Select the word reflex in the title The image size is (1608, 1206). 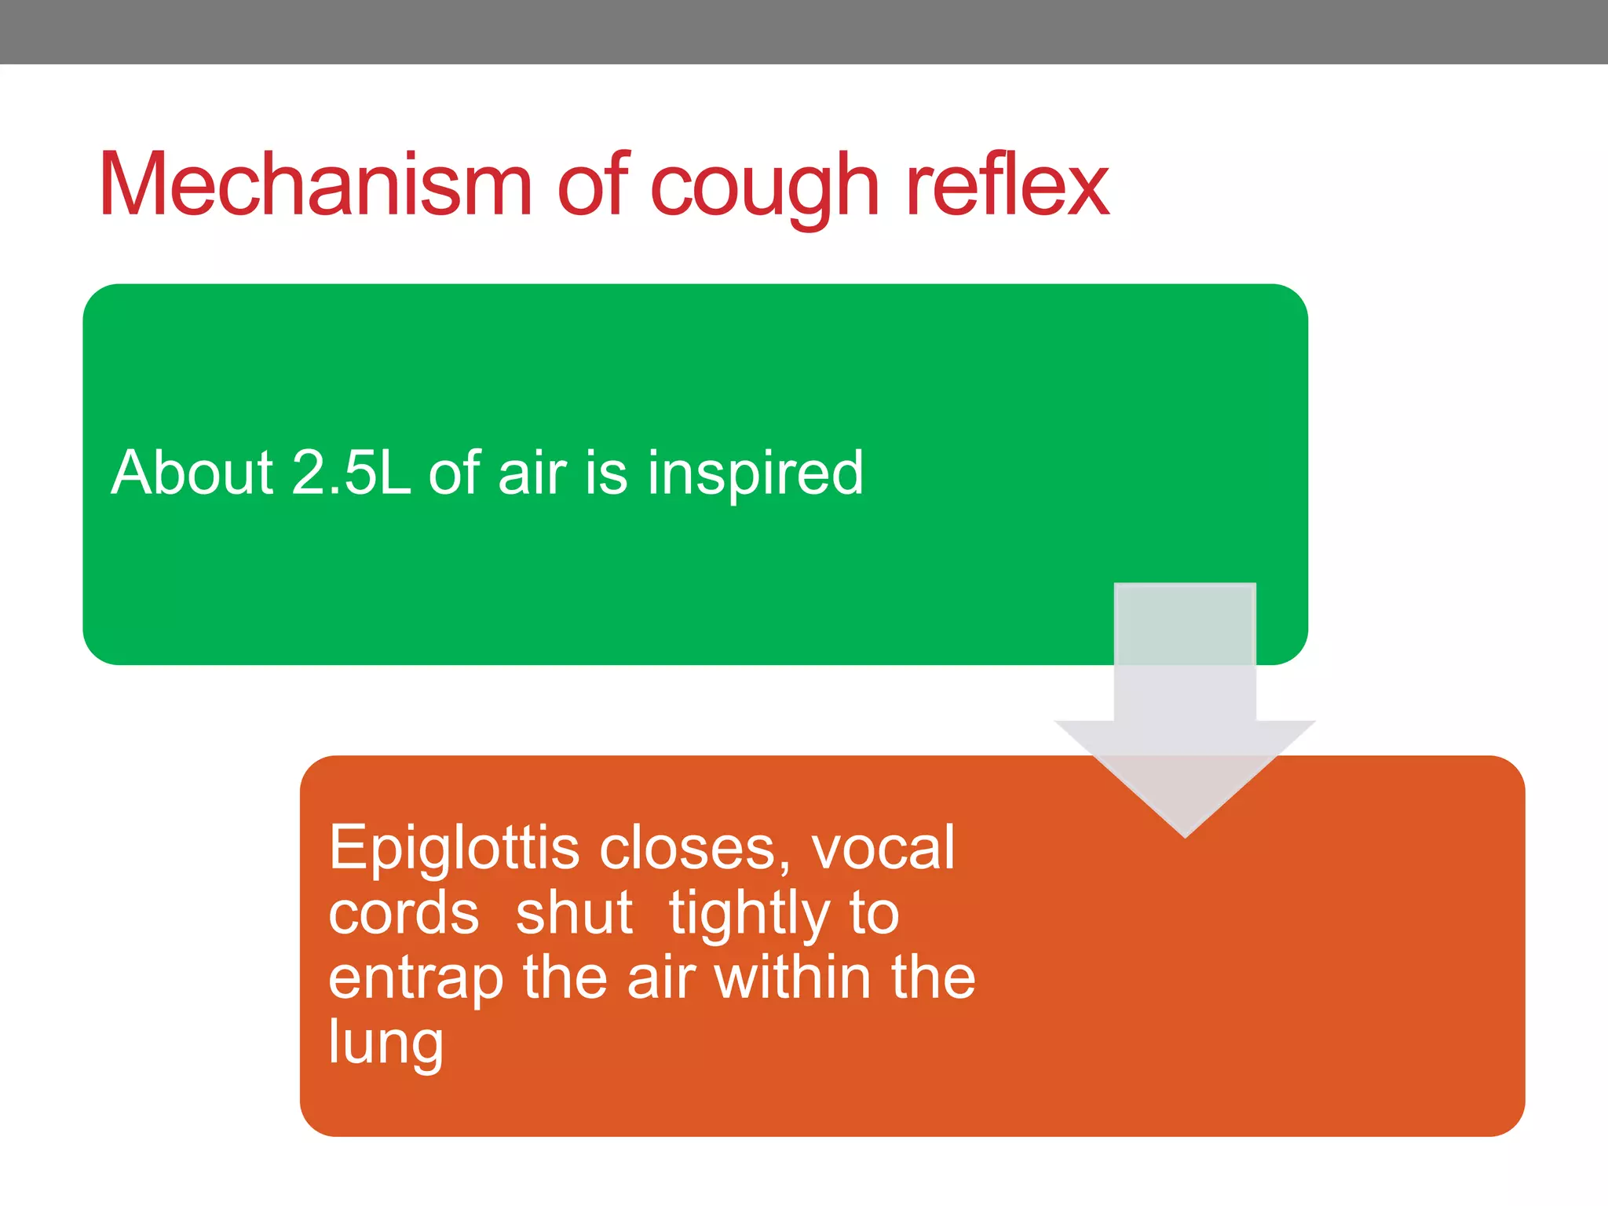pyautogui.click(x=1007, y=185)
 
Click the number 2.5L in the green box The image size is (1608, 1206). pyautogui.click(x=350, y=473)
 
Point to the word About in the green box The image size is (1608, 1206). pyautogui.click(x=192, y=473)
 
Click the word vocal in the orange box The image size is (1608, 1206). pyautogui.click(x=882, y=848)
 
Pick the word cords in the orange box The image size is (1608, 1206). pyautogui.click(x=404, y=913)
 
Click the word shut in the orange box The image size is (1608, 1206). pyautogui.click(x=574, y=913)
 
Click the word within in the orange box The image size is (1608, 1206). pyautogui.click(x=793, y=978)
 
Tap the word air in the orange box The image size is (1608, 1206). pyautogui.click(x=661, y=980)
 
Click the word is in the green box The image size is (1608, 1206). pyautogui.click(x=606, y=474)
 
